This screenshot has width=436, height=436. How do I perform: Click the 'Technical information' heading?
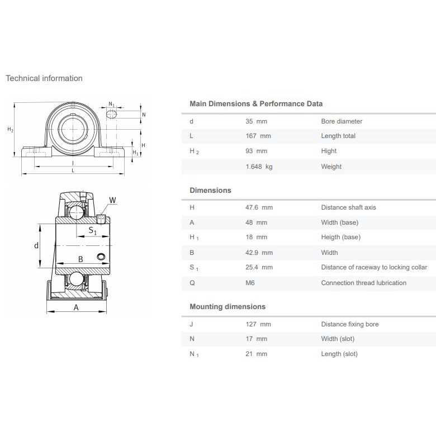pyautogui.click(x=44, y=78)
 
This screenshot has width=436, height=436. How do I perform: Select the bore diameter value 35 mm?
pyautogui.click(x=256, y=121)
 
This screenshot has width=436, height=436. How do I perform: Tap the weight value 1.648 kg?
pyautogui.click(x=259, y=167)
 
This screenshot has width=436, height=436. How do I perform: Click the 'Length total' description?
pyautogui.click(x=338, y=136)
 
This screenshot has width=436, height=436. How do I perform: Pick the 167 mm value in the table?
pyautogui.click(x=258, y=136)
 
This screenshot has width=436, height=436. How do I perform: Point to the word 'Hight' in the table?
pyautogui.click(x=329, y=151)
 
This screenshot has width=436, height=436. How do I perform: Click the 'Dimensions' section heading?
pyautogui.click(x=210, y=191)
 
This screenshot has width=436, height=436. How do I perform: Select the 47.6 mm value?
pyautogui.click(x=259, y=207)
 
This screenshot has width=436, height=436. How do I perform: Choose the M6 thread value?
pyautogui.click(x=250, y=283)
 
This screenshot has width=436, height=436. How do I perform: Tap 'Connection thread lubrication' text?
pyautogui.click(x=363, y=283)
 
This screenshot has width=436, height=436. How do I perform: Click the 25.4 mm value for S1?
pyautogui.click(x=259, y=267)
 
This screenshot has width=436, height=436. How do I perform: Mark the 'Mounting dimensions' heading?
pyautogui.click(x=228, y=307)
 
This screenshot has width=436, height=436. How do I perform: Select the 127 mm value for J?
pyautogui.click(x=258, y=324)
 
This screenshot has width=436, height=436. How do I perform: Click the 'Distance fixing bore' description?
pyautogui.click(x=349, y=324)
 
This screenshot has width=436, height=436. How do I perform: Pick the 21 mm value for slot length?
pyautogui.click(x=256, y=354)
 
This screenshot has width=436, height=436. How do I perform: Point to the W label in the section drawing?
pyautogui.click(x=112, y=200)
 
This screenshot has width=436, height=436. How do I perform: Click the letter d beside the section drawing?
pyautogui.click(x=36, y=245)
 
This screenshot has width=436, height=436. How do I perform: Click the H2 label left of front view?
pyautogui.click(x=10, y=130)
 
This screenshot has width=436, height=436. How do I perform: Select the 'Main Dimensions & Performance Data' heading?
pyautogui.click(x=256, y=104)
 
